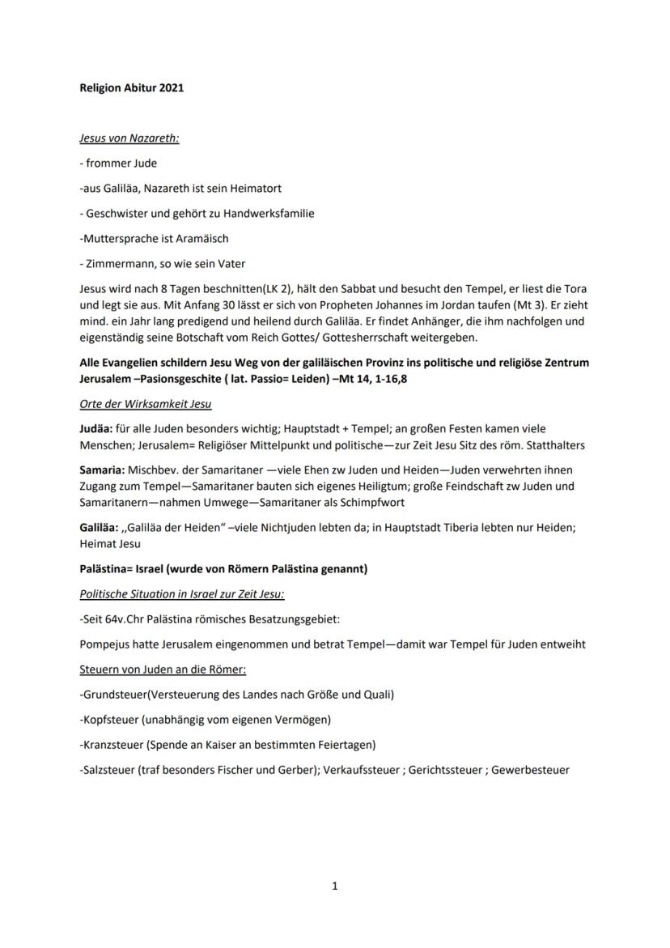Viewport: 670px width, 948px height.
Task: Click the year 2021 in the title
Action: (172, 87)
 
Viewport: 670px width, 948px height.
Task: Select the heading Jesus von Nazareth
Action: (129, 138)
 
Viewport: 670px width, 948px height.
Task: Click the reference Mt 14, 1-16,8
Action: (333, 378)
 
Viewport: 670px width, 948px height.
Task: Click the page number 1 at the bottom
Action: (335, 886)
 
